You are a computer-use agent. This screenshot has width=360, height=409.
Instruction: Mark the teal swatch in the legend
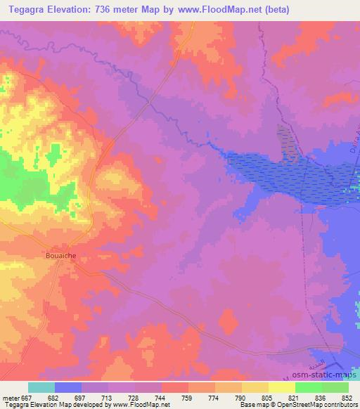click(x=41, y=388)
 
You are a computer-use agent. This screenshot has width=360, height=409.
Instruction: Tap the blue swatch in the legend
click(x=68, y=388)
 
